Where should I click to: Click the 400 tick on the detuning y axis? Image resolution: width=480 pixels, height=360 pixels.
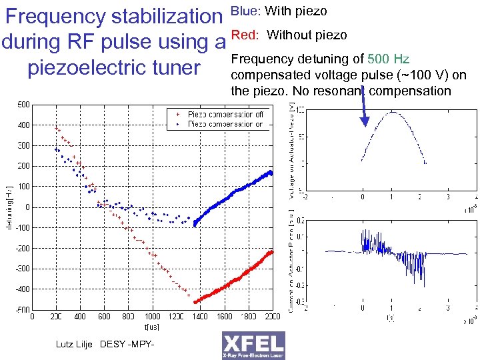(x=23, y=125)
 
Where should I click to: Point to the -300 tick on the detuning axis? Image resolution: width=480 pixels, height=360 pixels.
(x=22, y=268)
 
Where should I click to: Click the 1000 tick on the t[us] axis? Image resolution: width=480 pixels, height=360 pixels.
(x=152, y=317)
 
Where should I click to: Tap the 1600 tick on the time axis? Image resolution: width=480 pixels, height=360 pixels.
(x=224, y=317)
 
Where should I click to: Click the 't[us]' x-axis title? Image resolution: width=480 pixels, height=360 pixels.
(x=152, y=327)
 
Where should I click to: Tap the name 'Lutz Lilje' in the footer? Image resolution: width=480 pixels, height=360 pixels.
(x=75, y=344)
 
